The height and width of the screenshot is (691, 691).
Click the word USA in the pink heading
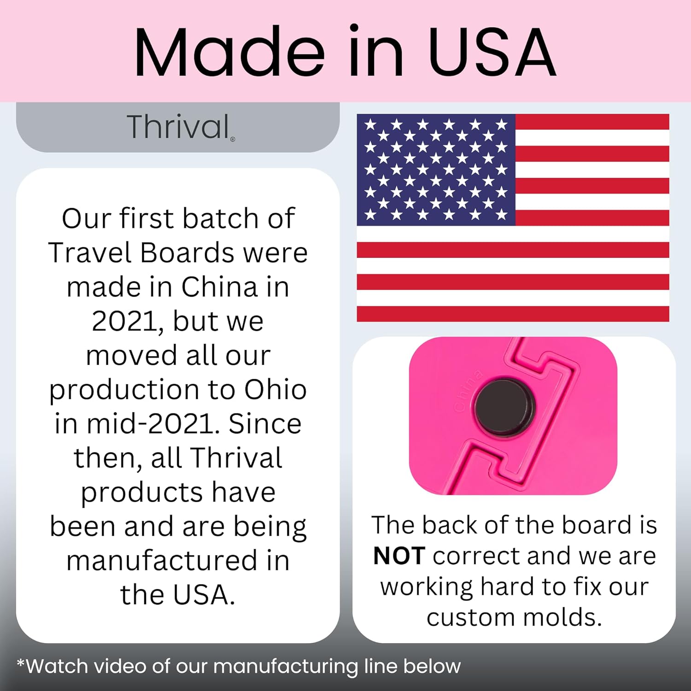(492, 52)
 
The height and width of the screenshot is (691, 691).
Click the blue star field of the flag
(436, 170)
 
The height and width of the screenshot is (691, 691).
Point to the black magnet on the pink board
(504, 408)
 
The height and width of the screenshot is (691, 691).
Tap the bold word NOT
(399, 556)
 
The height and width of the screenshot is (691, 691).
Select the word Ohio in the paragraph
(275, 390)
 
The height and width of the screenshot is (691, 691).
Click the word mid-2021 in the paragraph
(152, 424)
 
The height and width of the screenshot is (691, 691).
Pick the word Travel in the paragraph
(90, 253)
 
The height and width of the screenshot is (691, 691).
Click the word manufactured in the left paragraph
(162, 561)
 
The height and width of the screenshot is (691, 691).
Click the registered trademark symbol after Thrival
(233, 139)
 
